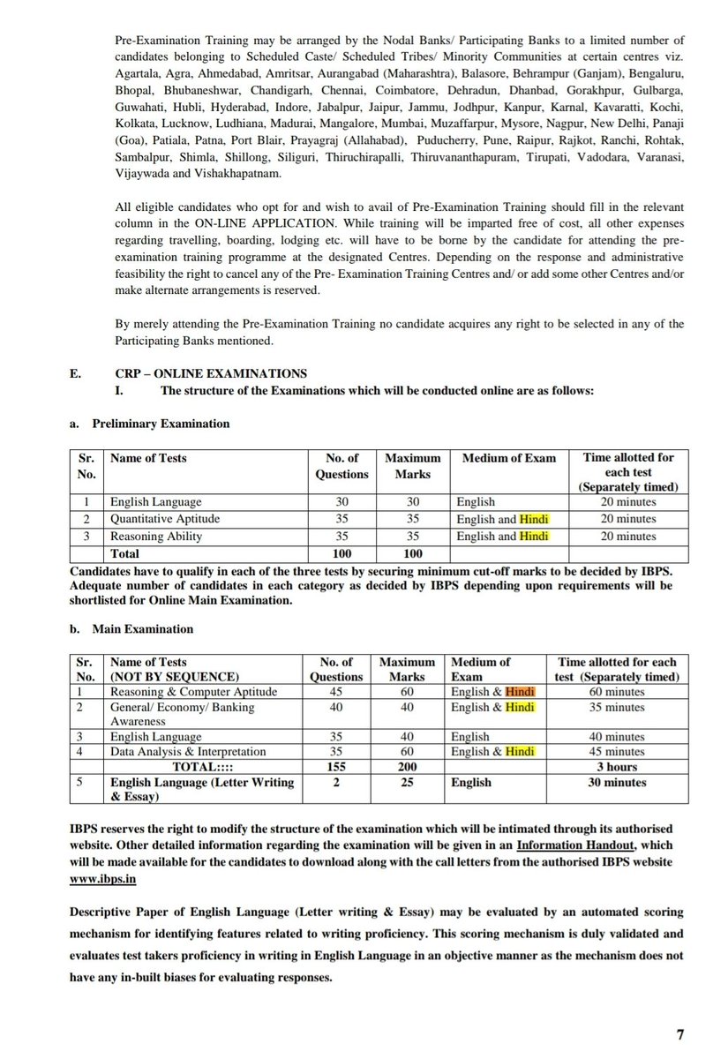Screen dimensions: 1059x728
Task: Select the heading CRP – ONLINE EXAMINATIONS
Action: point(179,373)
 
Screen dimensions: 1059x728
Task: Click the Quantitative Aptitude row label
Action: point(164,519)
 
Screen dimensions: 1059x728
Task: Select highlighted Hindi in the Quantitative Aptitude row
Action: point(534,519)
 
